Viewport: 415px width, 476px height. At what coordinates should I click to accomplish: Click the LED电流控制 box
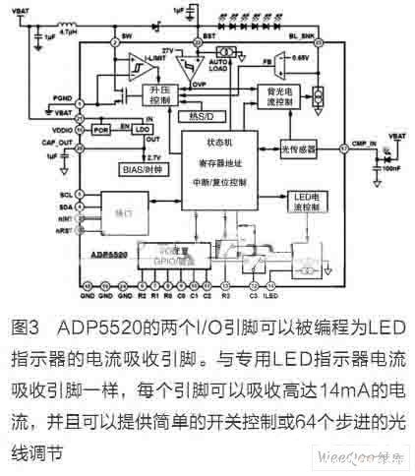click(307, 204)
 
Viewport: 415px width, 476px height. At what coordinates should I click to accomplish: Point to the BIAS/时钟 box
click(138, 169)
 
